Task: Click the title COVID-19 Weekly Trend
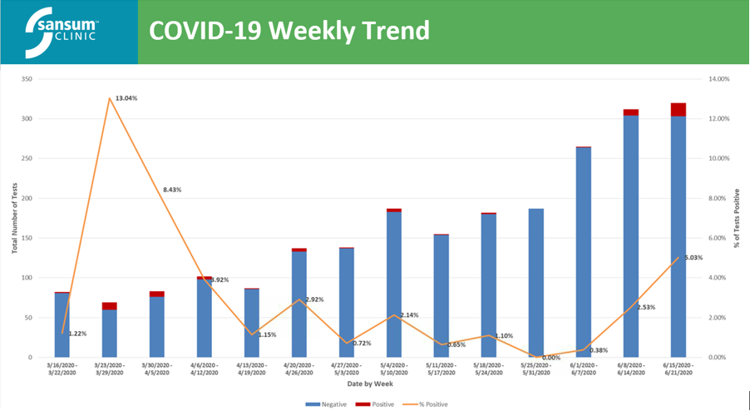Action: [x=289, y=31]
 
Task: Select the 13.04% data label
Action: [x=126, y=98]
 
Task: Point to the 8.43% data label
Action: [x=171, y=190]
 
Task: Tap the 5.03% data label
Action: [x=693, y=258]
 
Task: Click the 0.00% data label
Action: [x=550, y=358]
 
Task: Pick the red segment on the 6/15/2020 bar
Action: [x=678, y=110]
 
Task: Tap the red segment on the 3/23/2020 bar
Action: [x=110, y=306]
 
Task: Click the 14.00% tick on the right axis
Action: [x=719, y=79]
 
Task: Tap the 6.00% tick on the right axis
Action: [x=719, y=238]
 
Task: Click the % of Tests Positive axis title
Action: [x=737, y=218]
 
